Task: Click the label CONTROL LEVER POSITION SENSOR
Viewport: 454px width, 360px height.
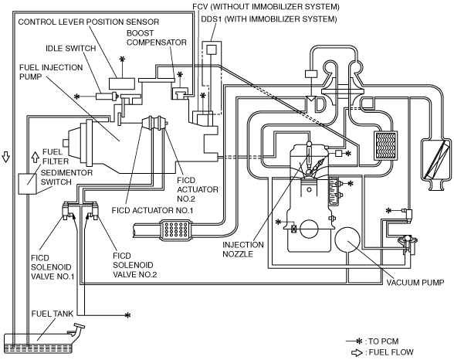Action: point(89,22)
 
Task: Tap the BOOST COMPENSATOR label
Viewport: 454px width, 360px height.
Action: point(156,38)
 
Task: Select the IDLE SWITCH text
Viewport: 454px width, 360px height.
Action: point(71,48)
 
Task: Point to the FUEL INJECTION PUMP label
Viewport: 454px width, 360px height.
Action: point(51,72)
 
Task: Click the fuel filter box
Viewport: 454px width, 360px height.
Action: point(27,184)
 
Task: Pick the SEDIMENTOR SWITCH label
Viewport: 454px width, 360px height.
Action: point(66,177)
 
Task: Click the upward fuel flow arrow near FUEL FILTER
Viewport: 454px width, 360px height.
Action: point(35,157)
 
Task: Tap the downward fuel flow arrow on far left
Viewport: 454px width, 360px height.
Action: point(6,156)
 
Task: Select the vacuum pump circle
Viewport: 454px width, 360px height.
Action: point(347,239)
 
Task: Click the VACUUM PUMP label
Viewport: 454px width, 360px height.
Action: point(415,283)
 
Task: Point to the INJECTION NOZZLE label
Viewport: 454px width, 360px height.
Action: point(243,250)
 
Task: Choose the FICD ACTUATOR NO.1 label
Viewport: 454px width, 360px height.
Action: point(152,210)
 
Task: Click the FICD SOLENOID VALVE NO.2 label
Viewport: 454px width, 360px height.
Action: point(134,265)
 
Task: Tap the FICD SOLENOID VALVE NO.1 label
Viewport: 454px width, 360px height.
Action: point(53,267)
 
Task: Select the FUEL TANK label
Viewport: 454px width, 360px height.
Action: point(53,314)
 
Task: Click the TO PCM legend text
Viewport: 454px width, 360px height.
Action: point(381,341)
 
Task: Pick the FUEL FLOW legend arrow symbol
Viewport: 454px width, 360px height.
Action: point(357,352)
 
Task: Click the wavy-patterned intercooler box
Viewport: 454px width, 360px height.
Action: point(386,145)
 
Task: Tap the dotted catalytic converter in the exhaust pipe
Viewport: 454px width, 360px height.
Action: point(176,230)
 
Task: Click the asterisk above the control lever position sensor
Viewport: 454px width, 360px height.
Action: point(122,59)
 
